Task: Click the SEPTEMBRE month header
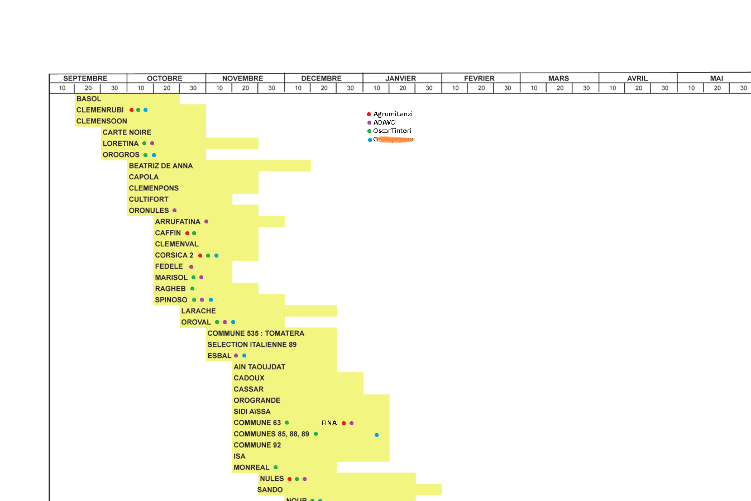click(x=85, y=78)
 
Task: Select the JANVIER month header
click(x=400, y=78)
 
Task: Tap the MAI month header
click(x=716, y=78)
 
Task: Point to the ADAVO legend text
click(x=384, y=122)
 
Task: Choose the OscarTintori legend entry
click(x=392, y=131)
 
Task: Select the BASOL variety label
click(x=89, y=99)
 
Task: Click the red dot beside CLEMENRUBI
click(x=132, y=110)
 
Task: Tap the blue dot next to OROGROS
click(x=154, y=155)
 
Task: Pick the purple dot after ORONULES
click(x=175, y=211)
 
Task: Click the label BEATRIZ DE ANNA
click(x=161, y=166)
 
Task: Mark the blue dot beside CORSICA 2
click(x=216, y=255)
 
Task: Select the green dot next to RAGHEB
click(x=193, y=289)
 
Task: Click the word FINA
click(x=329, y=423)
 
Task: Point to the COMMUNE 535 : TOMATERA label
click(x=256, y=333)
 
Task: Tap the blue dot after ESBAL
click(x=244, y=356)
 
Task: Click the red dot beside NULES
click(x=289, y=479)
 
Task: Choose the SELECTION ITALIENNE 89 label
click(x=252, y=345)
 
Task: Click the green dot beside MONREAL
click(x=275, y=467)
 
